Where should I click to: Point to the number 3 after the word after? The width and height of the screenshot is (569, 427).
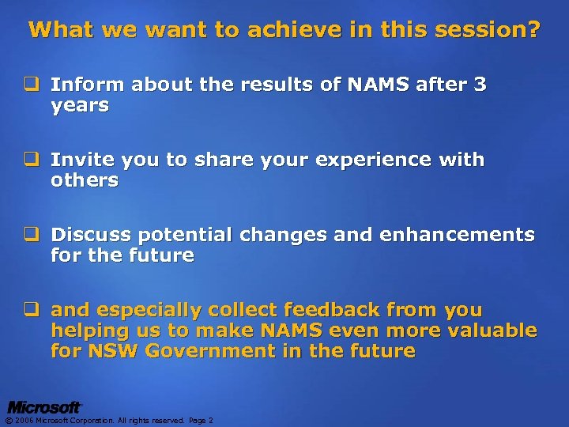[480, 85]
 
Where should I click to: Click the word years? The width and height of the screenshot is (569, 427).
[80, 105]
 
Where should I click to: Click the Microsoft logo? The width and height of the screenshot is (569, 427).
[44, 407]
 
